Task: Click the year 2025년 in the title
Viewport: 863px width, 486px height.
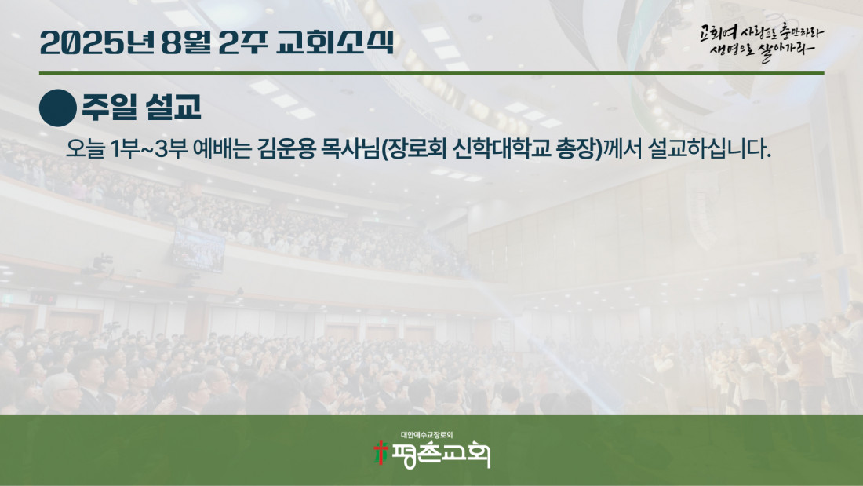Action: coord(97,42)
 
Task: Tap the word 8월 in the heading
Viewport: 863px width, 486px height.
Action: coord(186,42)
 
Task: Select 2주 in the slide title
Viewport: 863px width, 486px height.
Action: coord(242,42)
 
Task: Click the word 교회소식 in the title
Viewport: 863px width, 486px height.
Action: coord(335,42)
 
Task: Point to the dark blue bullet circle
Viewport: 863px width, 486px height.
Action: coord(58,108)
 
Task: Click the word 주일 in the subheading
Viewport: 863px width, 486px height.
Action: coord(109,106)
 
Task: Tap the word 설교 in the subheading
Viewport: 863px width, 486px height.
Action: coord(173,106)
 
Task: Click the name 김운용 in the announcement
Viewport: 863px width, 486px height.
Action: coord(286,148)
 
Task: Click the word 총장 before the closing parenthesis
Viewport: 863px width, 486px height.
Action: coord(576,148)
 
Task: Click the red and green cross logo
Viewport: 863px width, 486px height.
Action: coord(381,453)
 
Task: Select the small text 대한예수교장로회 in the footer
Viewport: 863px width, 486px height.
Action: coord(427,435)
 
